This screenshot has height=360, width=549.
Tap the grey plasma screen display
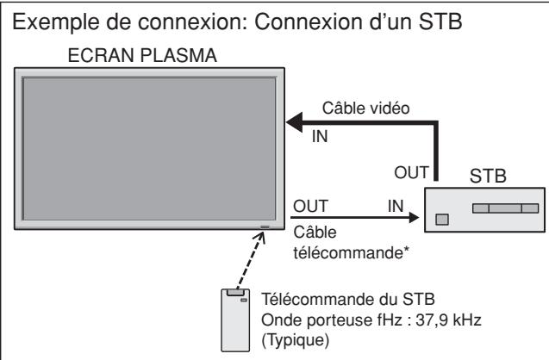(147, 150)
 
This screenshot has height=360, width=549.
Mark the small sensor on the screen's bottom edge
(263, 229)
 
